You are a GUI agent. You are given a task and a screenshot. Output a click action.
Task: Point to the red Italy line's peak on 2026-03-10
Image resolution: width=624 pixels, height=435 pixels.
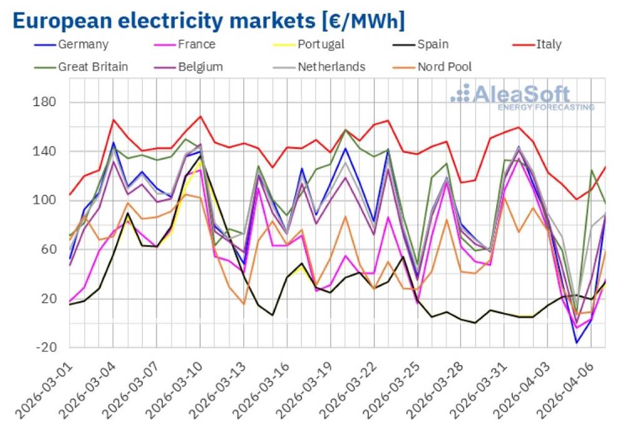click(x=200, y=116)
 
